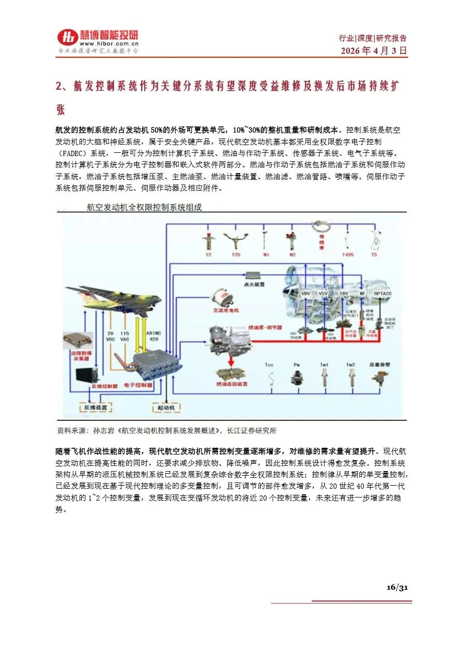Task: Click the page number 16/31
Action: [x=398, y=587]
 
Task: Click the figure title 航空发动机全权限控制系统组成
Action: [x=144, y=208]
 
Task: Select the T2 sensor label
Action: [x=208, y=255]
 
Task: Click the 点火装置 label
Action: [x=255, y=285]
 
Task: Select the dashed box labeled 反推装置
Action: [x=95, y=408]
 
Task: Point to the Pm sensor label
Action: [x=297, y=365]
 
